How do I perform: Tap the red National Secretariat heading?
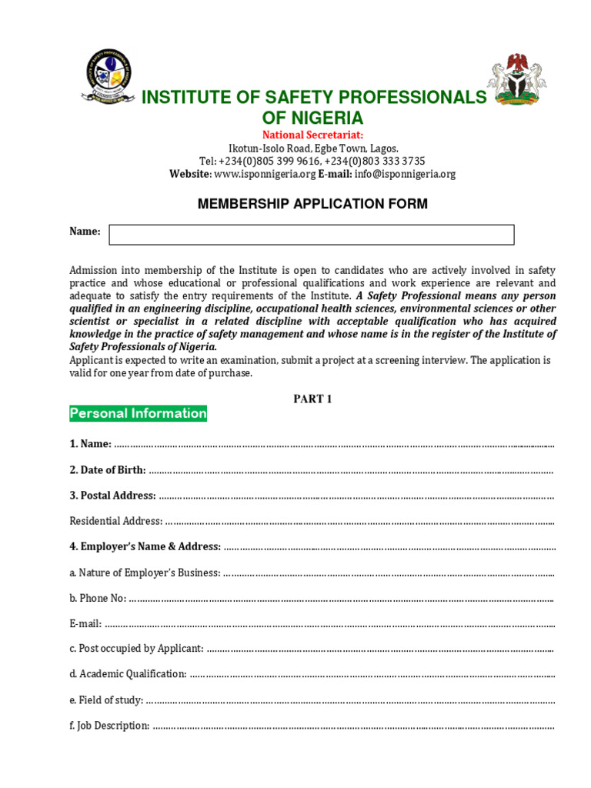[312, 135]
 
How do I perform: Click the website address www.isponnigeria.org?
[265, 174]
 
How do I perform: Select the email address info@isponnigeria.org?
[405, 174]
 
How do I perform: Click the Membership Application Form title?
[312, 204]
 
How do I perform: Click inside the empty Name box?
[312, 235]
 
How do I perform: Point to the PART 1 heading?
[312, 399]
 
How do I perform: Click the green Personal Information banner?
[139, 413]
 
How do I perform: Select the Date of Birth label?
[108, 469]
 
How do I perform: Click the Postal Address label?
[113, 496]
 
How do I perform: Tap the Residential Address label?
[116, 521]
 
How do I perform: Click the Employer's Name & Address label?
[145, 546]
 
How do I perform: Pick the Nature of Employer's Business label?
[145, 573]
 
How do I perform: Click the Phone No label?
[98, 598]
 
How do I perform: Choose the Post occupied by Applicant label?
[136, 649]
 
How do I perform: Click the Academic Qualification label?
[128, 674]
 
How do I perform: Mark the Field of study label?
[106, 700]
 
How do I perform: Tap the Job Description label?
[109, 726]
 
